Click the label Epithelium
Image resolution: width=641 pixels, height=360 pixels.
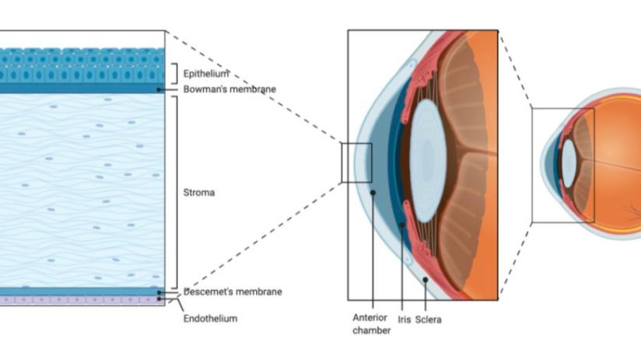(205, 74)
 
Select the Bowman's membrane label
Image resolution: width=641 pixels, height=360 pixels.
(229, 89)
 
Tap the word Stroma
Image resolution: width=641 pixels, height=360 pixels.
(199, 190)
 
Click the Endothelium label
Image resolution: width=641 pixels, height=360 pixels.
(210, 318)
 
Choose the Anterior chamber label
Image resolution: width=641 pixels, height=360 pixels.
(370, 324)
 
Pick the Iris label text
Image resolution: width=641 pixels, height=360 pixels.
(404, 319)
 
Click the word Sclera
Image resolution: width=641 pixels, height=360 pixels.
(428, 319)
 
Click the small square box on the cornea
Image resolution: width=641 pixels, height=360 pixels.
(356, 163)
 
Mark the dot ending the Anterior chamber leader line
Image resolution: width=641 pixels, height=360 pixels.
(373, 191)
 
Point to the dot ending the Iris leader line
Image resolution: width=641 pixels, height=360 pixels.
(402, 225)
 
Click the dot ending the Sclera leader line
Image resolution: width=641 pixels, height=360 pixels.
(425, 278)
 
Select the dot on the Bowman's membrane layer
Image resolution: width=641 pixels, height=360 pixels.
(159, 89)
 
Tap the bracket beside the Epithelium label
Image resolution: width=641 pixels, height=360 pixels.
(175, 74)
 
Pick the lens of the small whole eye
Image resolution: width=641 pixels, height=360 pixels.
(569, 163)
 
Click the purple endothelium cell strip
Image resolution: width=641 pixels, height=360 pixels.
(78, 299)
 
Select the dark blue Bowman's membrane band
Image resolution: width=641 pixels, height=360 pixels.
(78, 89)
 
